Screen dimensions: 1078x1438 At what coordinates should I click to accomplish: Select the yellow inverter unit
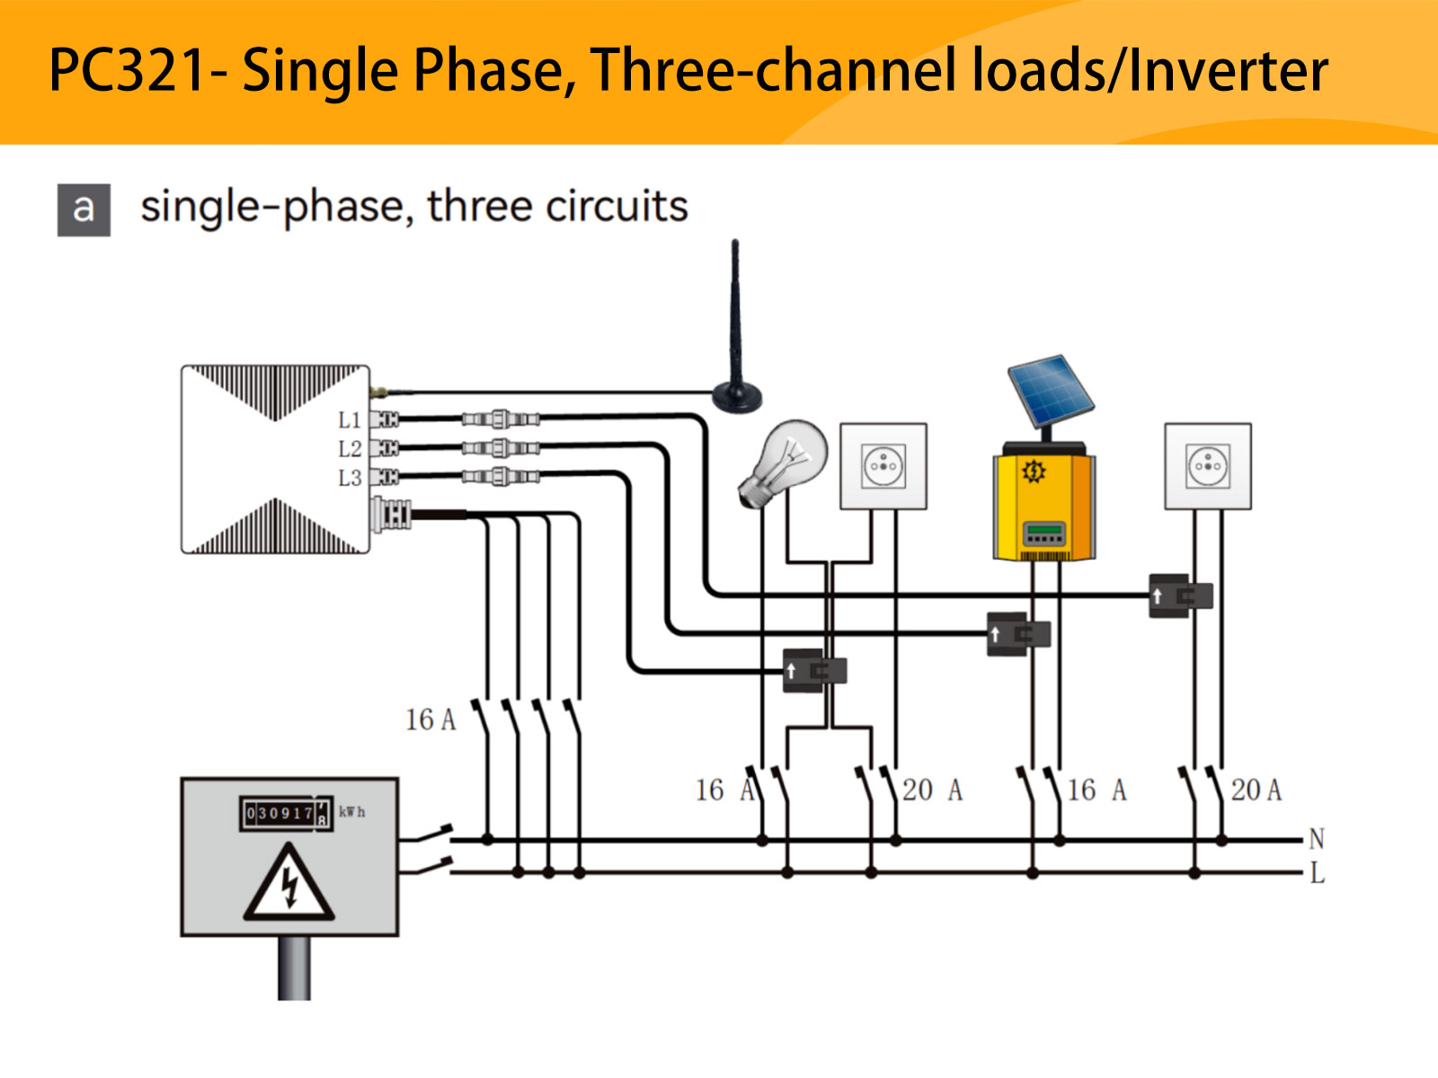1043,505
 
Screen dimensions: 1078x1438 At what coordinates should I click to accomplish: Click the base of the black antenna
736,395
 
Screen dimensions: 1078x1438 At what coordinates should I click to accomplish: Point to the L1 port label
349,420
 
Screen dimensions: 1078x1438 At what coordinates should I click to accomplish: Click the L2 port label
349,448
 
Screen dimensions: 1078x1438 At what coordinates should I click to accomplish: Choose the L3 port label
349,478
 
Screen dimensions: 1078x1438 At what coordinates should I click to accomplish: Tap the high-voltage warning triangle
288,885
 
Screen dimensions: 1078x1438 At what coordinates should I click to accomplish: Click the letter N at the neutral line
1316,839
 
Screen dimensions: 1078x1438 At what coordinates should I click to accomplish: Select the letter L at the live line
1317,872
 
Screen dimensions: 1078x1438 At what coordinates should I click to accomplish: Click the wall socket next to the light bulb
883,466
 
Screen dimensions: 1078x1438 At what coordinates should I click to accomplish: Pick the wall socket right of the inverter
1207,466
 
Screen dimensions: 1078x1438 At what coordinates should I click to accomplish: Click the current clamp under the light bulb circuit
814,671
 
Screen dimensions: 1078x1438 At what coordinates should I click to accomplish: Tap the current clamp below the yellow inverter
1018,634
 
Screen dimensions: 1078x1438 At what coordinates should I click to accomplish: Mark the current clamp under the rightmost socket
1180,596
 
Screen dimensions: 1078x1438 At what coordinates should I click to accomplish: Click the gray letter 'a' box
84,209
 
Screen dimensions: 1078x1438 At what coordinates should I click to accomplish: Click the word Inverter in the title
1228,71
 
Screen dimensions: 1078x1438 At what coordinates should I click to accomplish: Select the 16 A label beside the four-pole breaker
431,720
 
